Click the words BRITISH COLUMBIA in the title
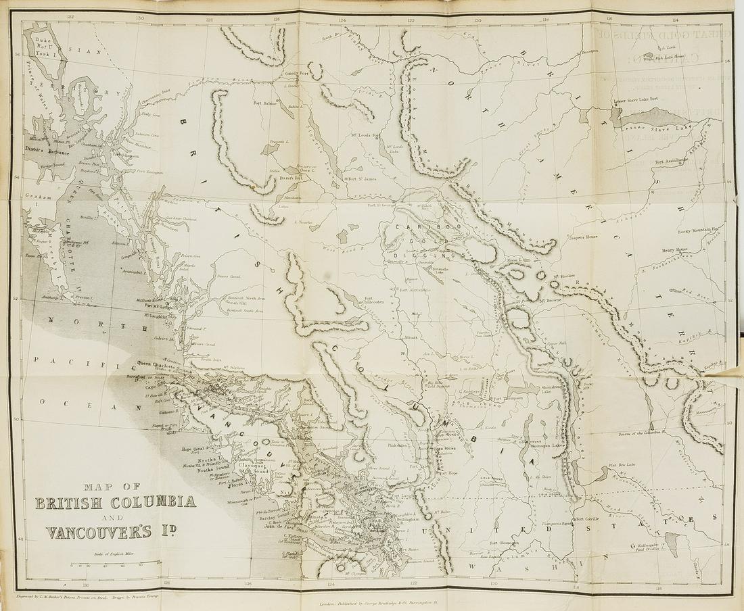tap(116, 502)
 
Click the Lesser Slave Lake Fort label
tap(638, 101)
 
